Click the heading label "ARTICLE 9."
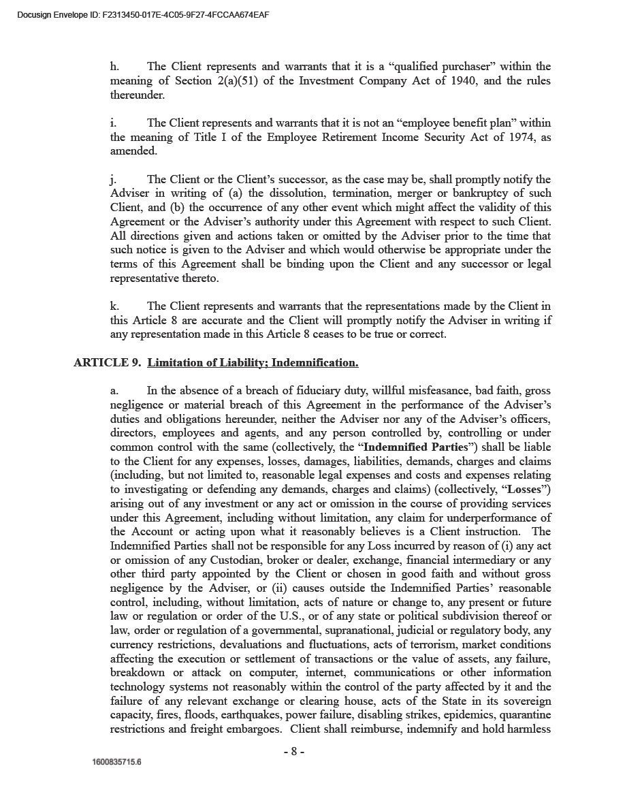pos(108,363)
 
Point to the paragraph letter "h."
pos(114,67)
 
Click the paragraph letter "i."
pos(113,123)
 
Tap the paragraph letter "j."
pos(113,180)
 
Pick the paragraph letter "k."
pos(114,306)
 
